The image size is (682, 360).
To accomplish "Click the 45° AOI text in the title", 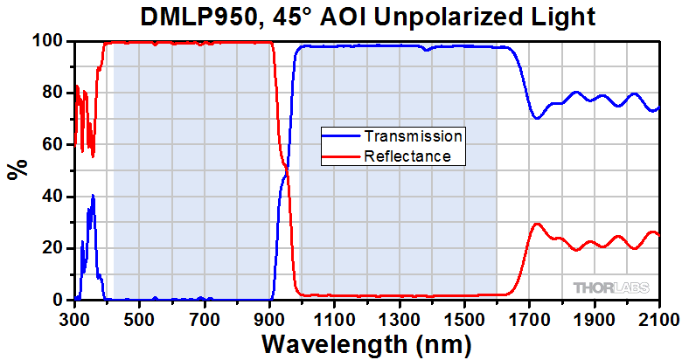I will (x=316, y=17).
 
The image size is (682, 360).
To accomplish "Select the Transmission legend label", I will (x=413, y=136).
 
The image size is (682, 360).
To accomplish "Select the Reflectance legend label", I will (x=407, y=156).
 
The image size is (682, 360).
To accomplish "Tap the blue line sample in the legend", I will (x=341, y=136).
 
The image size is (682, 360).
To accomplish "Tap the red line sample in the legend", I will (x=341, y=156).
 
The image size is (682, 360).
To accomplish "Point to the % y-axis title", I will (x=16, y=170).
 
